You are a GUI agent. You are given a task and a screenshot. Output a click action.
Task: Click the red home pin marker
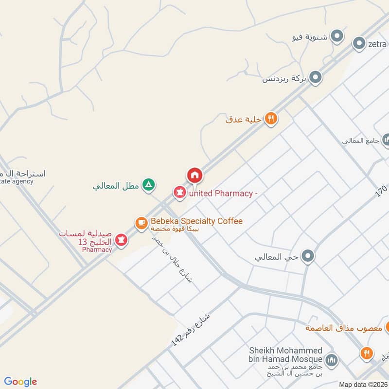pos(194,175)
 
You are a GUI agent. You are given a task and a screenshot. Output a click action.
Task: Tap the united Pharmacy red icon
pos(180,193)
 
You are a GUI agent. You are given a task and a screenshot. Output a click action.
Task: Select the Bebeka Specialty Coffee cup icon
pos(141,223)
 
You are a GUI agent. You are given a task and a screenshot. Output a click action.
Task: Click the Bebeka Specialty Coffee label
pos(196,221)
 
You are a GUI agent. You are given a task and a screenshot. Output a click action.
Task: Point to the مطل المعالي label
pos(117,185)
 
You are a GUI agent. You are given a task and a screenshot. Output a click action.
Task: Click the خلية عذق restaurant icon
pos(271,119)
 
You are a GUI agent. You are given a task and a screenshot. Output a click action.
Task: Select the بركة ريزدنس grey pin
pos(316,77)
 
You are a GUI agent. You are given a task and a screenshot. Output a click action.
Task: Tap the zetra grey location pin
pos(359,44)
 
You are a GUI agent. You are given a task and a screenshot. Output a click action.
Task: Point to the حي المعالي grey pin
pos(308,256)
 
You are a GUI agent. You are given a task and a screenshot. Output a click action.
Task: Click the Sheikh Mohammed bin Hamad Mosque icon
pos(332,360)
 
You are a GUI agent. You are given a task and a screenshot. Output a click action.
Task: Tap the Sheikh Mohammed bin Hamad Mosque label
pos(286,355)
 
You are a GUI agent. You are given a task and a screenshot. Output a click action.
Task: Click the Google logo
pos(20,382)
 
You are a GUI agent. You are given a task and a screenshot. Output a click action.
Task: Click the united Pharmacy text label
pos(223,194)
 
